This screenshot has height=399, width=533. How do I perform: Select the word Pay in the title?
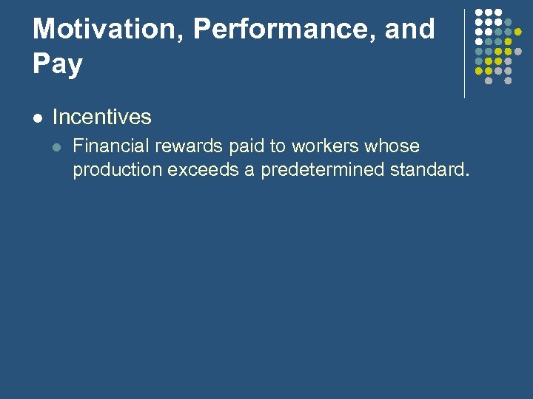[58, 64]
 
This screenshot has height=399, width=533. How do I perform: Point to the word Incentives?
[102, 117]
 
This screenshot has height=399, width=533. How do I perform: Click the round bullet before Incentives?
[38, 117]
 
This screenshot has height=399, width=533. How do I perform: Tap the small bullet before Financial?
[59, 146]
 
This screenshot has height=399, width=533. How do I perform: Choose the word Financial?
[109, 146]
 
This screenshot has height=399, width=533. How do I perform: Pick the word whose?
[392, 146]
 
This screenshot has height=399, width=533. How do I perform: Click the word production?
[117, 169]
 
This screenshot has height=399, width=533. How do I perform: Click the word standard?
[429, 169]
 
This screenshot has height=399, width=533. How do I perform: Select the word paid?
[246, 146]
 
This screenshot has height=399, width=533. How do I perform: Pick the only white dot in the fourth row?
[479, 42]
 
